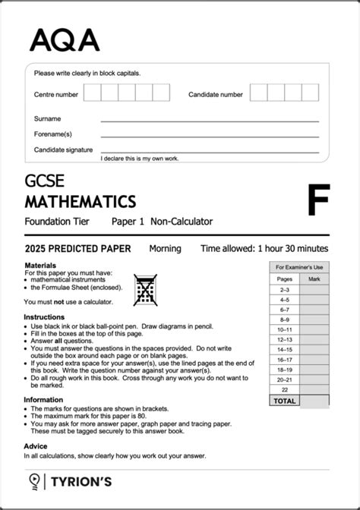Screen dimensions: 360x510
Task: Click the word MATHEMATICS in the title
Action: coord(80,202)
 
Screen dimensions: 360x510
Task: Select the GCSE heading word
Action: coord(44,181)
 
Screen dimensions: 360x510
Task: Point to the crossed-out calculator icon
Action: coord(144,289)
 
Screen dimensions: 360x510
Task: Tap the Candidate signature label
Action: coord(63,150)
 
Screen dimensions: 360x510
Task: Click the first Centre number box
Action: coord(92,93)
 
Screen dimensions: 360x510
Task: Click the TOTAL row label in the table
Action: coord(284,400)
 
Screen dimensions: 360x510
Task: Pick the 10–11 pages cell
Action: coord(284,329)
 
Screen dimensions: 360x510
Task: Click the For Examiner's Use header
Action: coord(299,267)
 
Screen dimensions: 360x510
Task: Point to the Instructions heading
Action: coord(44,316)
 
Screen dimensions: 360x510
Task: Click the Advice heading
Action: coord(36,446)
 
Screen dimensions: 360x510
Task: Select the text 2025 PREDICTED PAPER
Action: coord(77,248)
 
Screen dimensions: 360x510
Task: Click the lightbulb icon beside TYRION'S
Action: coord(34,480)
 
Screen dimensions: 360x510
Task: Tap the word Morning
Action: coord(165,248)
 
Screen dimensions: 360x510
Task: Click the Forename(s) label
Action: coord(52,134)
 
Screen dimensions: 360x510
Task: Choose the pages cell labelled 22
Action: coord(284,389)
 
